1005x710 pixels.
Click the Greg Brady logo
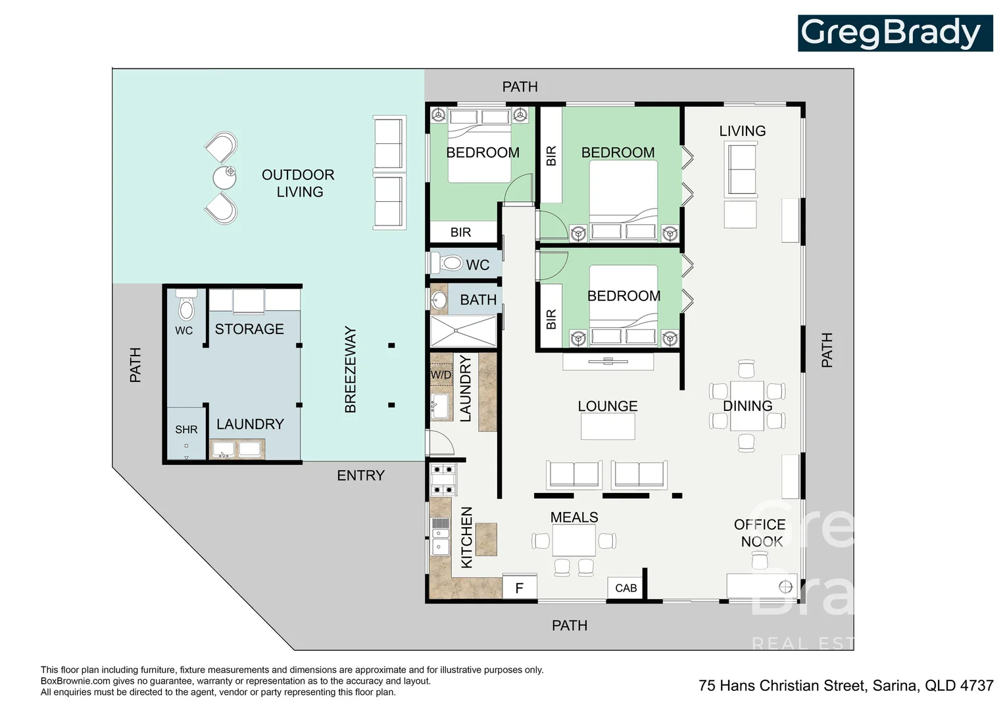coord(895,33)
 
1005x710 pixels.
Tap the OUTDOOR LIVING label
coord(299,183)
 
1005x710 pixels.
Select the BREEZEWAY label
coord(351,369)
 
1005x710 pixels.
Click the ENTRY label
coord(360,475)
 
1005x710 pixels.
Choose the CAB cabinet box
coord(626,588)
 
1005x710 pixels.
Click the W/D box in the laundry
coord(441,375)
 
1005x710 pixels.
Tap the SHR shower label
coord(186,430)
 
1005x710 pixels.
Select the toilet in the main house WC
coord(447,263)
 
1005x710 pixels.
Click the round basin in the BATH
coord(439,300)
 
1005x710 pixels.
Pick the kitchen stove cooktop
coord(443,480)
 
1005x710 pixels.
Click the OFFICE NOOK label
coord(760,533)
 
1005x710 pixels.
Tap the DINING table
coord(747,406)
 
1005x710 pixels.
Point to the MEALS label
coord(574,517)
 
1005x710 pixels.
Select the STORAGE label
coord(249,329)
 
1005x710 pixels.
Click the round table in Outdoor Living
coord(224,177)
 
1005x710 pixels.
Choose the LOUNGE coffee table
coord(608,426)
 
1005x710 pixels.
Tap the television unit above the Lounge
coord(608,362)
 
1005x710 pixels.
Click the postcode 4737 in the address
coord(977,685)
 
